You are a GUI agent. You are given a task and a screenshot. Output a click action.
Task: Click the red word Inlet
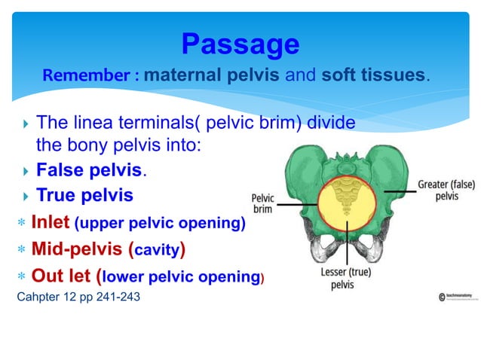point(51,223)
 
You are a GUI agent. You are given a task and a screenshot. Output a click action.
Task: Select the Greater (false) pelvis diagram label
point(446,191)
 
